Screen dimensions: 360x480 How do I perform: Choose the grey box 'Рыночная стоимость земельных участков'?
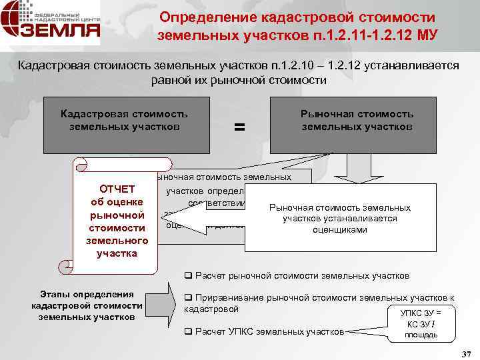(357, 125)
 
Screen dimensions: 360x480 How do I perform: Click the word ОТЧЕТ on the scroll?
(117, 189)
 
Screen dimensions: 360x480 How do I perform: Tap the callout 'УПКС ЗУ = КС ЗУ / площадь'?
(421, 323)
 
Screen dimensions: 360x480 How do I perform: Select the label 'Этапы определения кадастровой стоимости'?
(87, 305)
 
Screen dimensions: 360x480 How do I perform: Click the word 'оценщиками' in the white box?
(339, 229)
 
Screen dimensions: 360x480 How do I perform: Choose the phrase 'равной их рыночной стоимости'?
(239, 81)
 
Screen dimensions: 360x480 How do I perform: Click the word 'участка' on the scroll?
(117, 253)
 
